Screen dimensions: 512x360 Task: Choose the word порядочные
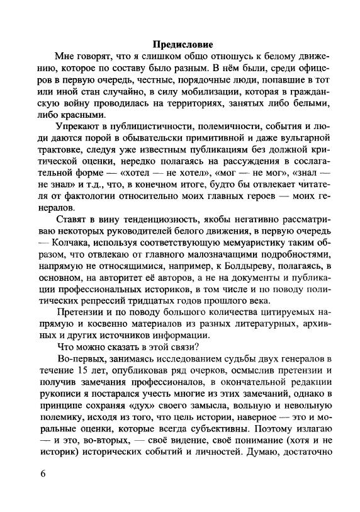[x=195, y=79]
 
